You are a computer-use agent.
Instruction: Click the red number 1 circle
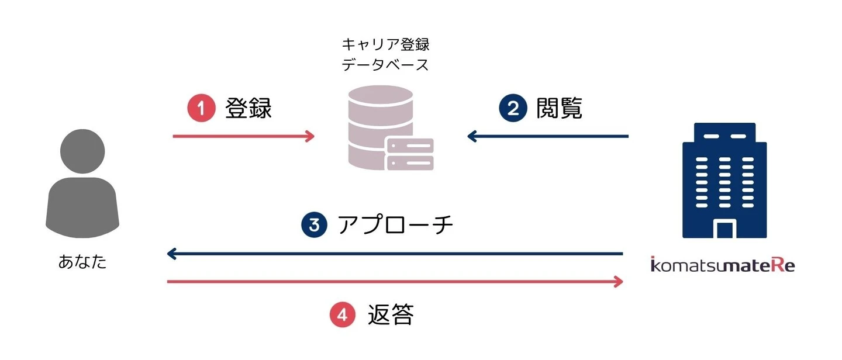pyautogui.click(x=201, y=109)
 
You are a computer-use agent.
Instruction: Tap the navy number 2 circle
pyautogui.click(x=513, y=109)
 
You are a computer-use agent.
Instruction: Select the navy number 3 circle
pyautogui.click(x=314, y=226)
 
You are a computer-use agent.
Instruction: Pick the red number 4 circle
pyautogui.click(x=343, y=316)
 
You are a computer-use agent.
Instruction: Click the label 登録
pyautogui.click(x=249, y=109)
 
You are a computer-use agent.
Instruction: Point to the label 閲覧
pyautogui.click(x=560, y=109)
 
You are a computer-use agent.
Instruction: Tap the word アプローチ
pyautogui.click(x=396, y=226)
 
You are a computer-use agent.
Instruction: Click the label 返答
pyautogui.click(x=391, y=316)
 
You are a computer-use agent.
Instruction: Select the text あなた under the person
pyautogui.click(x=83, y=261)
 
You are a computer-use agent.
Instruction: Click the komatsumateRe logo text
pyautogui.click(x=723, y=265)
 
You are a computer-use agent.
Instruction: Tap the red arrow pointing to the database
pyautogui.click(x=243, y=137)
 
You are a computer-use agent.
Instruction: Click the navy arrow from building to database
pyautogui.click(x=547, y=137)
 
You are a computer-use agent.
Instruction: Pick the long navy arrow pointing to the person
pyautogui.click(x=394, y=254)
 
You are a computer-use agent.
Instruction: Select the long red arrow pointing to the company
pyautogui.click(x=394, y=282)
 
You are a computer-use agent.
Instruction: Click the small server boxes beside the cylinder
pyautogui.click(x=409, y=154)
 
